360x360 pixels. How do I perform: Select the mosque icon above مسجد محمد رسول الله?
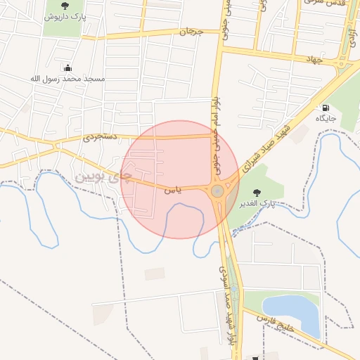tap(67, 68)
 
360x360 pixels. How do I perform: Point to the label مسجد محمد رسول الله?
tap(67, 79)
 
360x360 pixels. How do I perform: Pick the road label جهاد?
tap(313, 60)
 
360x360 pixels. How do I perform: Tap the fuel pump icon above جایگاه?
tap(326, 108)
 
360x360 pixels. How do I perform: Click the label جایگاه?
tap(326, 118)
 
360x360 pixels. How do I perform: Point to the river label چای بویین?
tap(103, 173)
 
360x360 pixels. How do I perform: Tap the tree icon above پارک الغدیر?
tap(256, 193)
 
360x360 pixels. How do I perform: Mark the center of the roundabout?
tap(217, 191)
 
